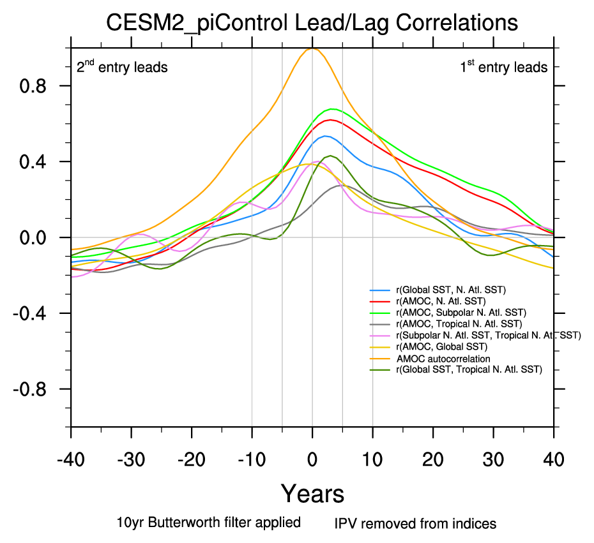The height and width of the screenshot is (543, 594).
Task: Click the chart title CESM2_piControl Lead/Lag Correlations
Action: tap(312, 23)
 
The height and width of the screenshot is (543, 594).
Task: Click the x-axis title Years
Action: tap(312, 493)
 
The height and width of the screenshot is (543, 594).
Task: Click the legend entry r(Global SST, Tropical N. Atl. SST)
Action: tap(468, 369)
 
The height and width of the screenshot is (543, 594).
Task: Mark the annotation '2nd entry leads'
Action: tap(122, 66)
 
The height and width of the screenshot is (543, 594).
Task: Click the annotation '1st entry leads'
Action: tap(504, 66)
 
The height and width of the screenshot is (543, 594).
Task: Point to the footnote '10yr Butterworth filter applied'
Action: tap(209, 523)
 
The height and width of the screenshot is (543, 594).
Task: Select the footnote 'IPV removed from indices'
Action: tap(415, 524)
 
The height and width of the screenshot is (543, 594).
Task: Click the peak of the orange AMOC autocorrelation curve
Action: tap(312, 48)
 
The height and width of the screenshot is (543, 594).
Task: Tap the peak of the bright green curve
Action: tap(333, 109)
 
